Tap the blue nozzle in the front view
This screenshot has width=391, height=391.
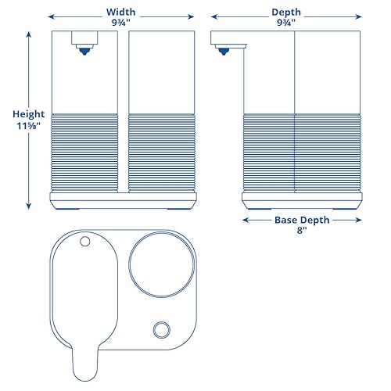pyautogui.click(x=82, y=50)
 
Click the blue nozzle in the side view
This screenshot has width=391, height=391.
pyautogui.click(x=225, y=50)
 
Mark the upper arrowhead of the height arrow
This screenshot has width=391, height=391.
pyautogui.click(x=29, y=33)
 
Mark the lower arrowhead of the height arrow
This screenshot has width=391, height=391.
pyautogui.click(x=29, y=206)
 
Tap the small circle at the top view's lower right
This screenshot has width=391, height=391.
pyautogui.click(x=162, y=328)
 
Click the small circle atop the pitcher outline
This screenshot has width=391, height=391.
pyautogui.click(x=84, y=242)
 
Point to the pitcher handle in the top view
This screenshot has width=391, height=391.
pyautogui.click(x=84, y=366)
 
